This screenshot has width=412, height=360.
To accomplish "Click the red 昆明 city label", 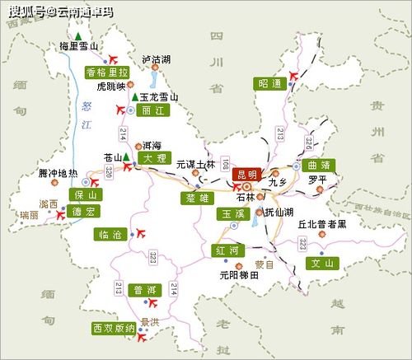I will (x=246, y=174).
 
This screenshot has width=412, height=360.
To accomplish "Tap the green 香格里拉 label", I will (x=108, y=72).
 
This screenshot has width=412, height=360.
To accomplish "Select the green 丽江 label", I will (x=151, y=110).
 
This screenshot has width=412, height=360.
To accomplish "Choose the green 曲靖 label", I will (x=319, y=164).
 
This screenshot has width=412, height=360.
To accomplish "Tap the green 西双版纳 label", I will (x=114, y=328).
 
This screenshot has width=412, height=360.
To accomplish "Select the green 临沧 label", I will (x=109, y=235).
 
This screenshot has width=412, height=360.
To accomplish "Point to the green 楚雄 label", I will (x=198, y=199).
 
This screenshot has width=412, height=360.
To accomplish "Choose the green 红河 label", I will (x=227, y=250).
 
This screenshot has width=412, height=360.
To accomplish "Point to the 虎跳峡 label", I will (x=112, y=86).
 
